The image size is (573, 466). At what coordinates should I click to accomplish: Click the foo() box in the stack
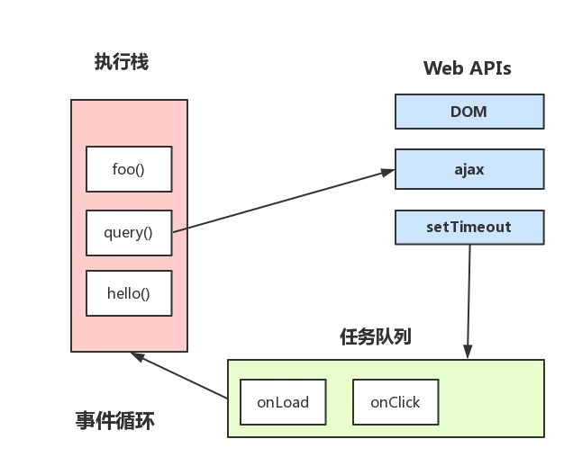pyautogui.click(x=129, y=169)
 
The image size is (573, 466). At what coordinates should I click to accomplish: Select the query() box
pyautogui.click(x=129, y=232)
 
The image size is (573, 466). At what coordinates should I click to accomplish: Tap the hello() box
pyautogui.click(x=129, y=293)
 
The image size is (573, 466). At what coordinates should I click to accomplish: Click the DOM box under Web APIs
pyautogui.click(x=468, y=112)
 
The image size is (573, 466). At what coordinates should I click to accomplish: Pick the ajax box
pyautogui.click(x=468, y=169)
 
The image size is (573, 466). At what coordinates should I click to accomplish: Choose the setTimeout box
pyautogui.click(x=468, y=227)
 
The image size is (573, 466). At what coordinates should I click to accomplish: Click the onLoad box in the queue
pyautogui.click(x=283, y=402)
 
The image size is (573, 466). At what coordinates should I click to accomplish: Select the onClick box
pyautogui.click(x=396, y=402)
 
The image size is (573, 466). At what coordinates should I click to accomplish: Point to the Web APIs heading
pyautogui.click(x=467, y=68)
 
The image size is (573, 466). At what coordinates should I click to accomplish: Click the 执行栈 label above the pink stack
pyautogui.click(x=122, y=62)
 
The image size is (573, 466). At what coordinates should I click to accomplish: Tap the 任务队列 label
pyautogui.click(x=376, y=336)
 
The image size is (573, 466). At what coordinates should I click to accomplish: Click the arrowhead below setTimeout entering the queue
pyautogui.click(x=468, y=354)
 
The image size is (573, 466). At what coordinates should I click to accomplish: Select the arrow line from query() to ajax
pyautogui.click(x=279, y=202)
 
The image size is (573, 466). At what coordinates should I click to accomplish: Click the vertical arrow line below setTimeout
pyautogui.click(x=468, y=297)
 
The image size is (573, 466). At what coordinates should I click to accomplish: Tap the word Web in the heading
pyautogui.click(x=441, y=68)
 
